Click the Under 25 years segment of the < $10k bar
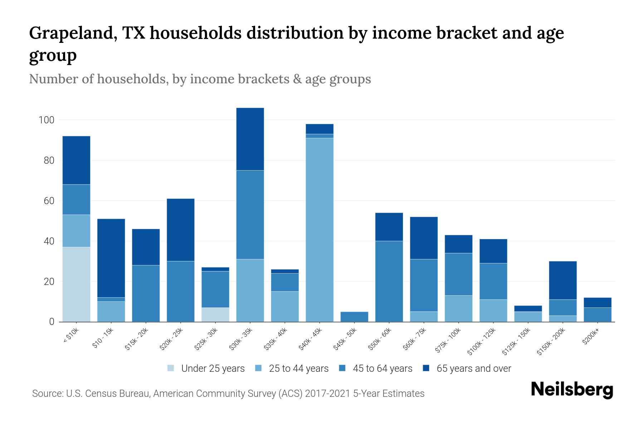pos(76,284)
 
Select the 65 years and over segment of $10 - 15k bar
pos(111,258)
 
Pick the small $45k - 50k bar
pos(354,317)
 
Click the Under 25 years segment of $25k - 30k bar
pos(215,315)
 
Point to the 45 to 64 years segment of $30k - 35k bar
pos(250,214)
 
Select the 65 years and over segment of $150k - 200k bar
pos(562,280)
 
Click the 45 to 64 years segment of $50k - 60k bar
pos(389,281)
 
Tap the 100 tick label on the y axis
pos(46,120)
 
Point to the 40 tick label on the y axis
pos(49,241)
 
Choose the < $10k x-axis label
pos(71,337)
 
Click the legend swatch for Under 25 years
pos(171,368)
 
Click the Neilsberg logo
pos(572,389)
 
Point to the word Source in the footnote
pos(47,394)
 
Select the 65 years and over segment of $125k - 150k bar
pos(528,309)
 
